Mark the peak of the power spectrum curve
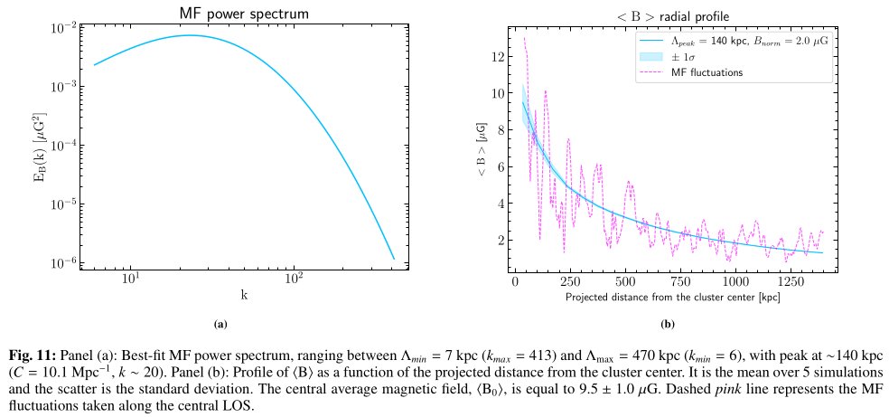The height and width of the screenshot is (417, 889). [191, 35]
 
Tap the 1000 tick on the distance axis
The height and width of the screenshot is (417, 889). [736, 282]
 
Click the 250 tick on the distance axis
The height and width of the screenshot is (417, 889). [570, 282]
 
